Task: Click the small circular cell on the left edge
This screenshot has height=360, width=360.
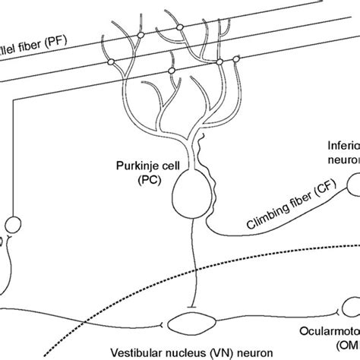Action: pyautogui.click(x=13, y=226)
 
